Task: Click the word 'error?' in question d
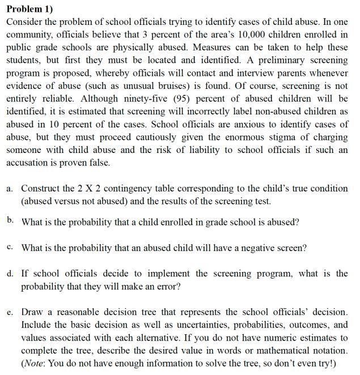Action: click(x=167, y=287)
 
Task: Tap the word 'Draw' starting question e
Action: click(x=32, y=313)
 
